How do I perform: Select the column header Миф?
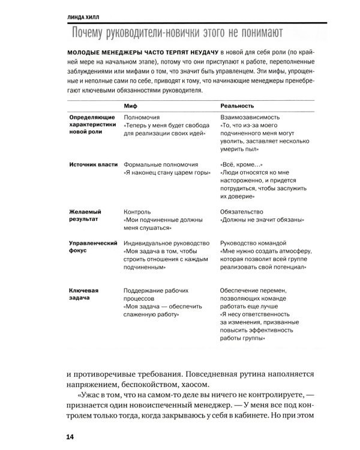[130, 105]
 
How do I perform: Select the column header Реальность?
[239, 105]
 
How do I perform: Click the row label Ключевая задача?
[85, 293]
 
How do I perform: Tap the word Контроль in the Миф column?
[137, 212]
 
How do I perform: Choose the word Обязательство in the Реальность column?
[245, 212]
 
